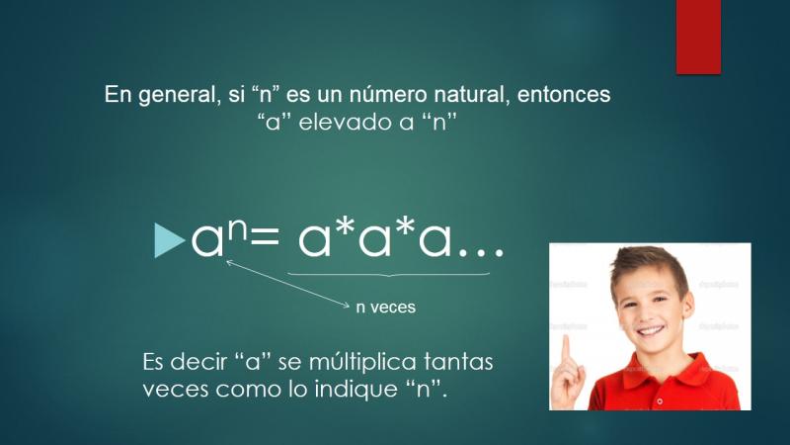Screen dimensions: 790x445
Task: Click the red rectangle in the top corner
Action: (698, 37)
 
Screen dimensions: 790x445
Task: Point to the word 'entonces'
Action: (564, 95)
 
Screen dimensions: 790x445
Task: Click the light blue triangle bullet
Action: (169, 240)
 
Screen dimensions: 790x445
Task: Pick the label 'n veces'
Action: (385, 308)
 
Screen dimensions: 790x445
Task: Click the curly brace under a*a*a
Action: (388, 275)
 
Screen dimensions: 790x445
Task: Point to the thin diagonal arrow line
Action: (287, 283)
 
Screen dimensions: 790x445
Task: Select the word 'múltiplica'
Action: (362, 362)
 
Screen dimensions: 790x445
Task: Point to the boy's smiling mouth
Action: (651, 331)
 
